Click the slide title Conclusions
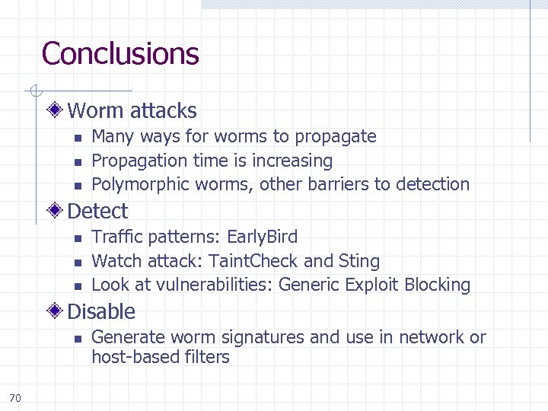point(120,54)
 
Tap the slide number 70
point(16,397)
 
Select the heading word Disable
point(101,311)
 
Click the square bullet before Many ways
point(77,138)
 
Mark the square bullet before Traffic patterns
point(77,238)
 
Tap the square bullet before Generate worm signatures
point(77,339)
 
